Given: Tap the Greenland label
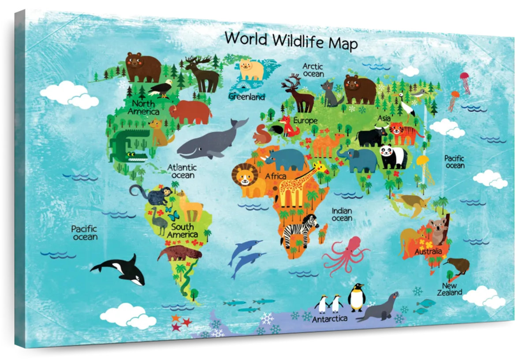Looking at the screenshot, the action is point(246,96).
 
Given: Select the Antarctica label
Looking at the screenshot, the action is point(330,318).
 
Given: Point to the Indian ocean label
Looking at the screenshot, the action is point(342,214).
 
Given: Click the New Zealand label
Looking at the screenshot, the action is point(450,289).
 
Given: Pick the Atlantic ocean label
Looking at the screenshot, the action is point(182,171).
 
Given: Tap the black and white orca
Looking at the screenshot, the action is point(121,269).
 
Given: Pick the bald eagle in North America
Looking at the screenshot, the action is point(160,88).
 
